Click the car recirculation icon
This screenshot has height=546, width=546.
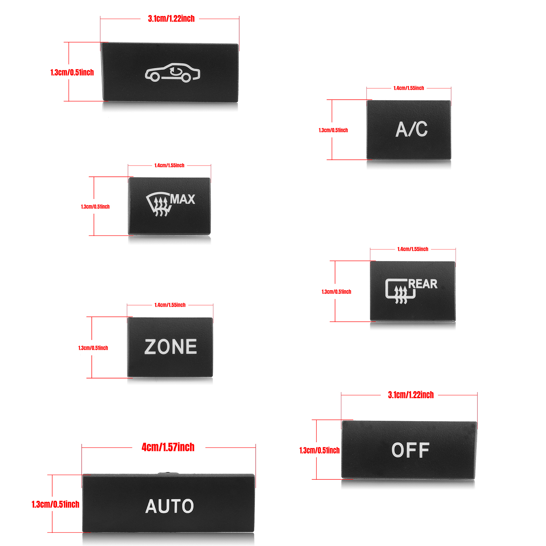[172, 73]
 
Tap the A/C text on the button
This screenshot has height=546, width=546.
[411, 129]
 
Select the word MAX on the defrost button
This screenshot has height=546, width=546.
[183, 199]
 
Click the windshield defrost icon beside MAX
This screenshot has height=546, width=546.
[158, 204]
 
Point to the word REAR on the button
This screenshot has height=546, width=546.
[423, 284]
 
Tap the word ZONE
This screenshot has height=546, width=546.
[171, 347]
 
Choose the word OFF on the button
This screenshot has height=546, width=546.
[410, 450]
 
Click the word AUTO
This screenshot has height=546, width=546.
[170, 506]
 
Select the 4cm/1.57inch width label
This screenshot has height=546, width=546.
[168, 447]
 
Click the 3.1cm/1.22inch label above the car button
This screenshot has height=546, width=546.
[171, 18]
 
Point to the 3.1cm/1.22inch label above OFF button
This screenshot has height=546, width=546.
[411, 395]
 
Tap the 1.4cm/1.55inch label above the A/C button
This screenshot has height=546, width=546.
[408, 88]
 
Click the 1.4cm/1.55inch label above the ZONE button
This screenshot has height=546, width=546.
[170, 305]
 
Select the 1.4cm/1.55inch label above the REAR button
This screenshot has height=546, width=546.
[413, 249]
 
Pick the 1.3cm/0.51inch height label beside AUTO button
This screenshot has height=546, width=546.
[55, 504]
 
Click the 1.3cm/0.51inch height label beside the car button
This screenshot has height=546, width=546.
[72, 72]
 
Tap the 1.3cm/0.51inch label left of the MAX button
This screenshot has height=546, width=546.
[95, 207]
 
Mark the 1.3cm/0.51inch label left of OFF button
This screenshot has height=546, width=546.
[319, 450]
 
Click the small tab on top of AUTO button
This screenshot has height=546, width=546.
[168, 473]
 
